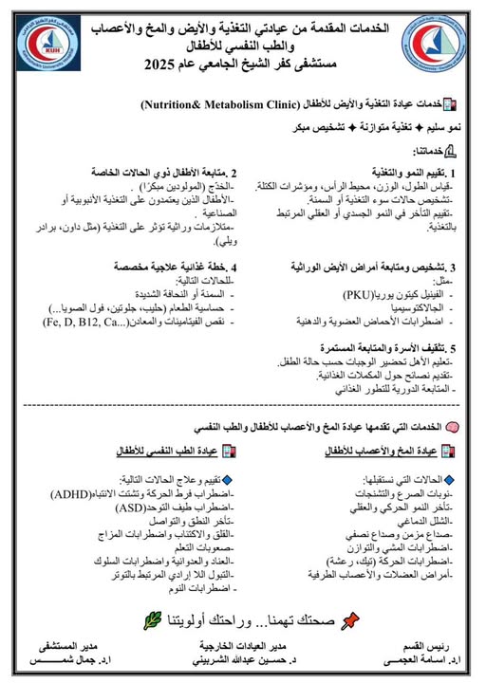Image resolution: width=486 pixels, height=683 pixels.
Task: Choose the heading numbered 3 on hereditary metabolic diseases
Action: point(371,268)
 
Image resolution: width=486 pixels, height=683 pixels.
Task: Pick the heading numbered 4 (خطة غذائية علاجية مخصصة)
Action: point(175,268)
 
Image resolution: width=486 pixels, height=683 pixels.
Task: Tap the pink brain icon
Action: point(453,428)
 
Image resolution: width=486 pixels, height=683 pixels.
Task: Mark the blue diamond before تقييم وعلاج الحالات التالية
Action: point(225,480)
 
